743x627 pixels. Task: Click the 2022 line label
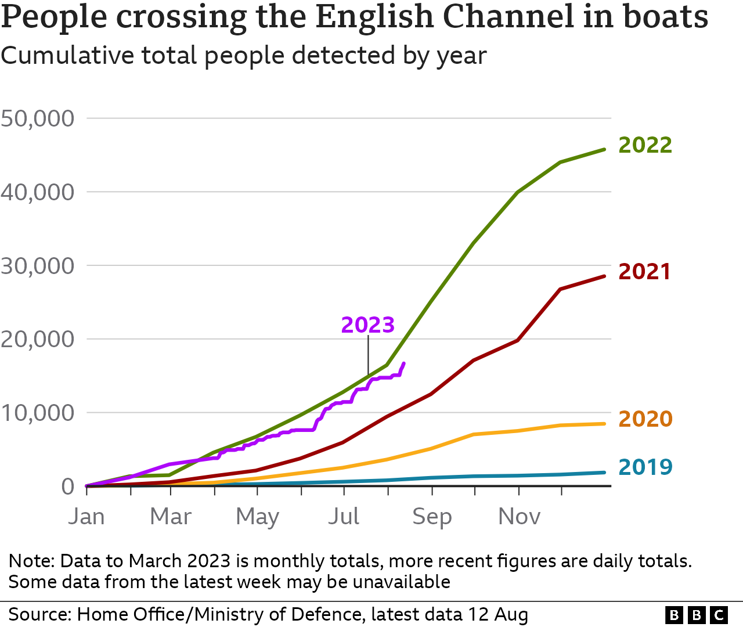[645, 145]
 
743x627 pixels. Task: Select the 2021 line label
[644, 272]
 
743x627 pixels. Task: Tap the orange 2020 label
[645, 419]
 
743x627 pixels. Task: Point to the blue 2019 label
[645, 467]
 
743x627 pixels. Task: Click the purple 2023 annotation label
[367, 325]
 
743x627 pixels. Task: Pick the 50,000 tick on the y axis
[38, 118]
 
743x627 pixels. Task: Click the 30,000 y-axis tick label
[38, 266]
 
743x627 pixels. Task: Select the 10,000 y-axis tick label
[38, 413]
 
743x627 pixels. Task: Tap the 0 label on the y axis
[68, 487]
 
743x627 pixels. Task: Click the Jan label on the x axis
[86, 516]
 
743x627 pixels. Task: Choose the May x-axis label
[257, 516]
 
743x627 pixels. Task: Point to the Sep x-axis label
[432, 516]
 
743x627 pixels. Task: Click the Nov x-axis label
[519, 516]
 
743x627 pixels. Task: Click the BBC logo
[697, 615]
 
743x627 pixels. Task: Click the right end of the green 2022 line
[605, 149]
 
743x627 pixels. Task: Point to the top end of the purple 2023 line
[404, 363]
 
